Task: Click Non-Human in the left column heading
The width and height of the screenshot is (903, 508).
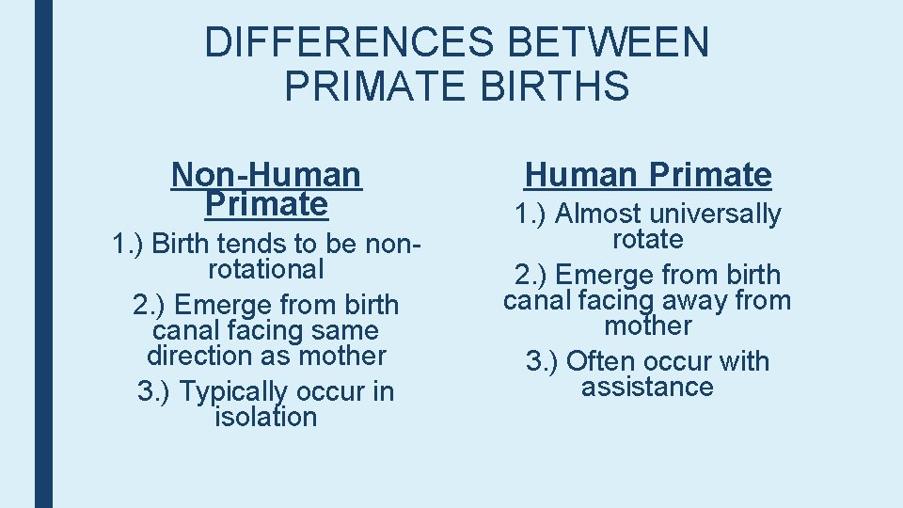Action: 266,174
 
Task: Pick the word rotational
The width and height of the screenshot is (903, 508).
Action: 266,270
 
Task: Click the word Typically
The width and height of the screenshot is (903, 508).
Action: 233,391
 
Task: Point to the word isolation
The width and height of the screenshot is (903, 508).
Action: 266,417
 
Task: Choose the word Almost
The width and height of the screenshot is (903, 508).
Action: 598,214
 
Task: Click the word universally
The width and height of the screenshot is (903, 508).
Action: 716,214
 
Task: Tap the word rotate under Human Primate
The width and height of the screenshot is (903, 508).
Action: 647,240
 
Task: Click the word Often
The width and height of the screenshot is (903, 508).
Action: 602,361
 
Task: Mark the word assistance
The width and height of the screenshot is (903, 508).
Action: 647,387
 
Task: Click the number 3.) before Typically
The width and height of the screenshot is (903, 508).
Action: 154,391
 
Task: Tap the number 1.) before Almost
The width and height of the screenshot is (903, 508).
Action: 531,214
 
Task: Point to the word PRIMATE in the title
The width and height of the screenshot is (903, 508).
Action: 375,86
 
